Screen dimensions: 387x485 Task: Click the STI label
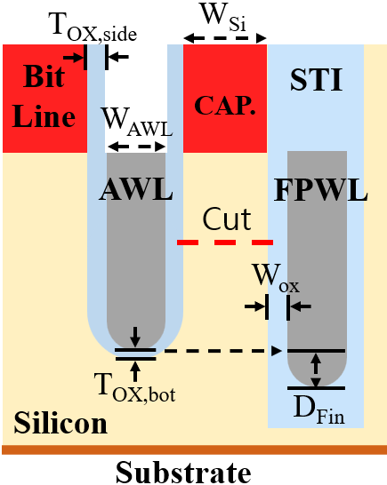pyautogui.click(x=317, y=80)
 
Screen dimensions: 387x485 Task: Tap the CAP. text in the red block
pyautogui.click(x=225, y=105)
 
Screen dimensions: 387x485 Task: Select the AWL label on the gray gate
pyautogui.click(x=136, y=190)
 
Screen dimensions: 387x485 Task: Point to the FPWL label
pyautogui.click(x=320, y=190)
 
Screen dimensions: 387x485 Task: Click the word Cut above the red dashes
pyautogui.click(x=227, y=219)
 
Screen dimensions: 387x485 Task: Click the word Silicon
pyautogui.click(x=60, y=423)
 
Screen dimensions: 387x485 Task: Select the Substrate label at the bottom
pyautogui.click(x=183, y=473)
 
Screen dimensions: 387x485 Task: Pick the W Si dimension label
pyautogui.click(x=223, y=16)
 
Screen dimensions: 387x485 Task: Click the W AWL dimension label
pyautogui.click(x=137, y=123)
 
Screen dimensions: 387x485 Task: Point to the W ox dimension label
pyautogui.click(x=277, y=278)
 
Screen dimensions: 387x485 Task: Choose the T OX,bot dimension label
pyautogui.click(x=134, y=387)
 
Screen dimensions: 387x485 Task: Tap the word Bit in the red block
pyautogui.click(x=44, y=76)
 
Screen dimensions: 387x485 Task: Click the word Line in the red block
pyautogui.click(x=44, y=116)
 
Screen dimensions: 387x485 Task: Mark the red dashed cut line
pyautogui.click(x=225, y=242)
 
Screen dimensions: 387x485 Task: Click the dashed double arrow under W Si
pyautogui.click(x=225, y=38)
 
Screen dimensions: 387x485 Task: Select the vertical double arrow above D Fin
pyautogui.click(x=316, y=370)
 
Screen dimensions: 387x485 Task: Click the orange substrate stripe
pyautogui.click(x=194, y=449)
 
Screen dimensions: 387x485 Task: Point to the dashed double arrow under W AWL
pyautogui.click(x=137, y=147)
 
